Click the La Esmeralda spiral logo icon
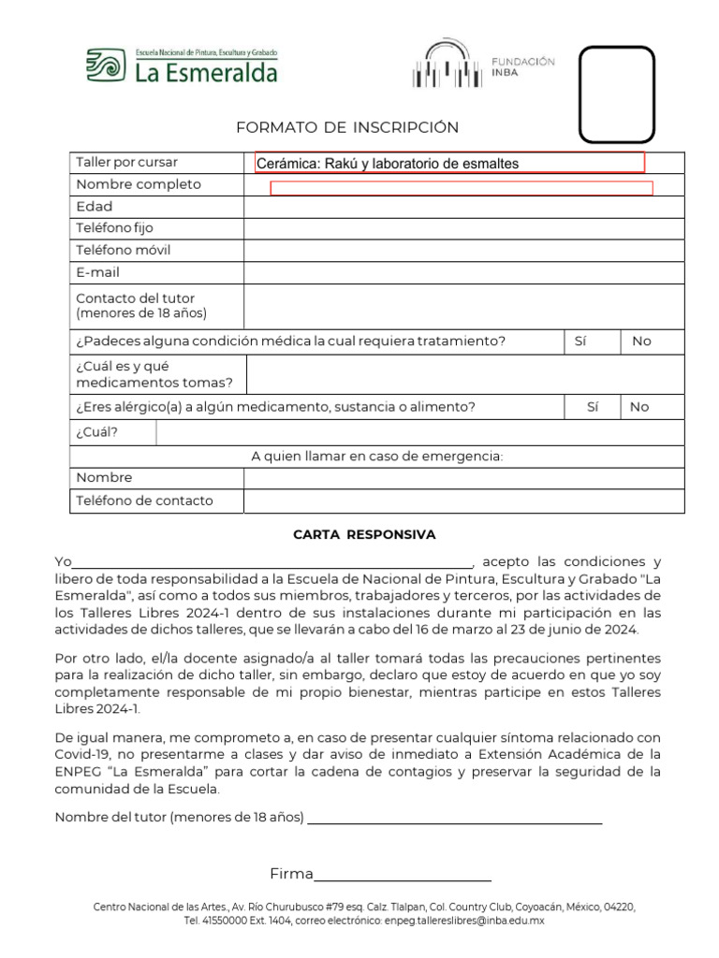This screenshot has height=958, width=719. (104, 66)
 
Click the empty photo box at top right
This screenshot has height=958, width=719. (616, 94)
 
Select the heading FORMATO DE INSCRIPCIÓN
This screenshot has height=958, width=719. (347, 127)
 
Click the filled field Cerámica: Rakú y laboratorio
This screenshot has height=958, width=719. (450, 164)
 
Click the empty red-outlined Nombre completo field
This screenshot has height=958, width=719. (461, 189)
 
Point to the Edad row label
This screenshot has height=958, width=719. (95, 206)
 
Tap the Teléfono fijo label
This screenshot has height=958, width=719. (114, 227)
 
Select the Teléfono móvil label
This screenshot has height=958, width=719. (123, 250)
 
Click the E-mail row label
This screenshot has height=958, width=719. (98, 272)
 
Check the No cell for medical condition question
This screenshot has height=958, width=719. (640, 341)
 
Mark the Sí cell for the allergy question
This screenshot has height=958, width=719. (592, 407)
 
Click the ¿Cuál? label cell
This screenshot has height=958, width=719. (97, 432)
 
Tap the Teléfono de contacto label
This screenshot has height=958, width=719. (144, 501)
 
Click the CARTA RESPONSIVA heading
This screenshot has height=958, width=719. (364, 535)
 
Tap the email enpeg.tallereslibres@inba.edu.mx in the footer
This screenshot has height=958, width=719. (464, 921)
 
